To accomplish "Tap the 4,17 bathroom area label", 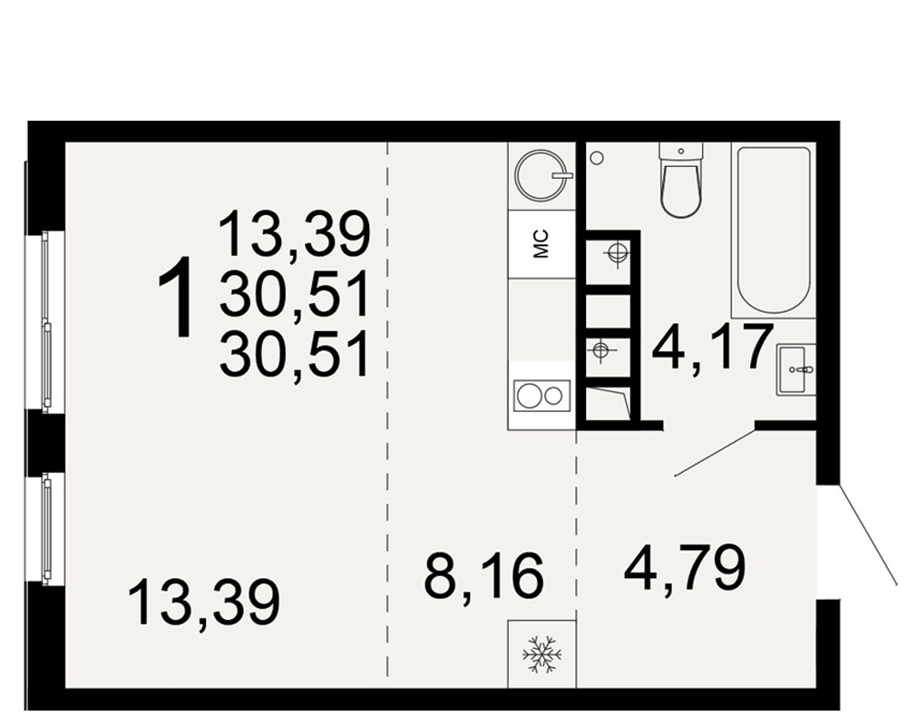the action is pos(712,348).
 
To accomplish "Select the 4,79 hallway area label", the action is pos(685,569).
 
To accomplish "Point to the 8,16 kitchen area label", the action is pos(483,574).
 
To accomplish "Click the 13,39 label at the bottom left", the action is pos(204,603).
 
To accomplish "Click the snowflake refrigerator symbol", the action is pos(542,655).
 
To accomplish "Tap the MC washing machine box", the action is pos(541,244).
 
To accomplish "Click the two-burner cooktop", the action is pos(542,396).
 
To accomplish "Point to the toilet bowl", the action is pos(682,180).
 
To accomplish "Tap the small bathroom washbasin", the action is pos(796,370).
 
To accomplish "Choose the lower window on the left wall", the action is pos(45,527).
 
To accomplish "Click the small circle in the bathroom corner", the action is pos(598,158).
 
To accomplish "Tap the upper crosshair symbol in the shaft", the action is pos(617,253).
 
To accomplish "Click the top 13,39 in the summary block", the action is pos(295,234).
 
